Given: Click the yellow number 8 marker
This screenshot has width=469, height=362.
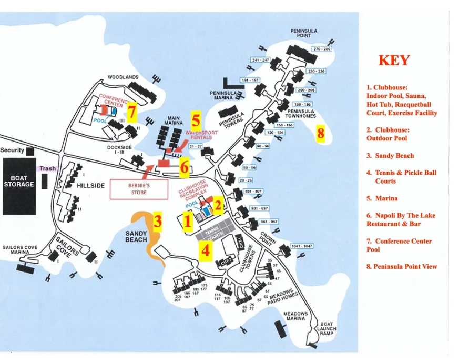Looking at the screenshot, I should (320, 134).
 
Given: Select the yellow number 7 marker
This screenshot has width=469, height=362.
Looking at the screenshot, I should (131, 112).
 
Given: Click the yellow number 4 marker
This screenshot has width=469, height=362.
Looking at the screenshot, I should (206, 250).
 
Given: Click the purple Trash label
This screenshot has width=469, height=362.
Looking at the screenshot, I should (47, 169).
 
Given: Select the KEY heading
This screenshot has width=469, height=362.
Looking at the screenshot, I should (393, 60).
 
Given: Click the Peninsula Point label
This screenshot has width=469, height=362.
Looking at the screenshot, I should (304, 33).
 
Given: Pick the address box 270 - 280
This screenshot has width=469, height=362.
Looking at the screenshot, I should (322, 49).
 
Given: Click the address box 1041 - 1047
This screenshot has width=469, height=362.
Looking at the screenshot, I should (302, 246).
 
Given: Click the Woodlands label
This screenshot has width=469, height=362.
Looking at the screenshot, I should (123, 77).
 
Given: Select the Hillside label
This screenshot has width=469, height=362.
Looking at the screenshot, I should (91, 186).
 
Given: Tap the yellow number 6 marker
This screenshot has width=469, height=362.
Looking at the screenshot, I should (184, 167).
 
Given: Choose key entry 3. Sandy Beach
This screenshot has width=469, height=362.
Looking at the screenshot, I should (390, 156).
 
